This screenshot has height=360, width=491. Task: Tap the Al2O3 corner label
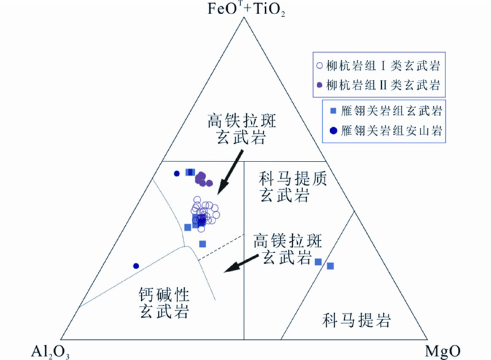[x=52, y=351]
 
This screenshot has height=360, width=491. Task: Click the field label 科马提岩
[x=357, y=319]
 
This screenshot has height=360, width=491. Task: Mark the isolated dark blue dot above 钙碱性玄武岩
[x=136, y=266]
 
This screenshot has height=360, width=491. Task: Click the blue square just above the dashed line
[x=203, y=244]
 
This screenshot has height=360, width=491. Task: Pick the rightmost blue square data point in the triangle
[x=330, y=266]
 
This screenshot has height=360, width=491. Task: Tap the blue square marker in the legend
[x=333, y=111]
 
